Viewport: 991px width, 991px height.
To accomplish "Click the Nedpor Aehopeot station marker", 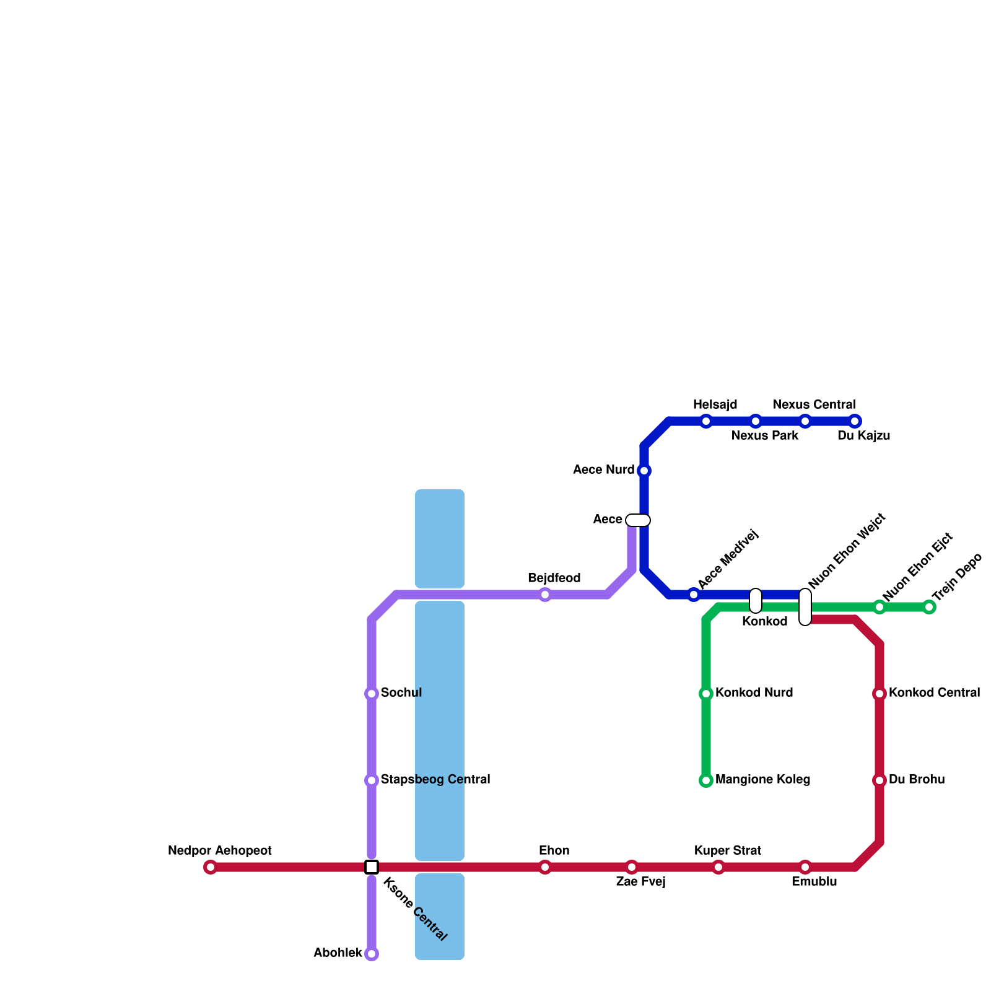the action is tap(211, 867).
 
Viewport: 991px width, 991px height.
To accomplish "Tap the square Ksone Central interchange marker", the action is tap(372, 867).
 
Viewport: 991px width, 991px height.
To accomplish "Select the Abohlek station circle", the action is tap(372, 954).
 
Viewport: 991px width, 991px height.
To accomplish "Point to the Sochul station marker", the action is tap(372, 694).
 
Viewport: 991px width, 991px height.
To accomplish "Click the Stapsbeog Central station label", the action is tap(435, 780).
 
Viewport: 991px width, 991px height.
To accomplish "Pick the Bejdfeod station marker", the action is tap(545, 595).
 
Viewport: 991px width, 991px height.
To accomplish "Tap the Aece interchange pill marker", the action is tap(638, 520).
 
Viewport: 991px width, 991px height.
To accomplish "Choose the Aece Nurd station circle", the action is tap(644, 471).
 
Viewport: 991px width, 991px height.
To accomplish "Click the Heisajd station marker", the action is tap(706, 421).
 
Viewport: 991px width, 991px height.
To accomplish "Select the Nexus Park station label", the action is tap(765, 436).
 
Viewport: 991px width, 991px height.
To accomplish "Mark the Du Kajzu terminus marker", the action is tap(855, 421).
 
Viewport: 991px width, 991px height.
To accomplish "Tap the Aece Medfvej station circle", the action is tap(694, 595).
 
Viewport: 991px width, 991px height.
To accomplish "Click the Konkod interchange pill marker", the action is tap(756, 601).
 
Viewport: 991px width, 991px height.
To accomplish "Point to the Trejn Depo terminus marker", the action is tap(929, 607).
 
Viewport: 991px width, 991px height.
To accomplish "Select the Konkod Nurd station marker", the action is tap(706, 694).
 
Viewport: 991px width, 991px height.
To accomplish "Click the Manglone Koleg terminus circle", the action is tap(706, 780).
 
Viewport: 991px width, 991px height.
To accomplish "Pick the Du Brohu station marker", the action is tap(880, 780).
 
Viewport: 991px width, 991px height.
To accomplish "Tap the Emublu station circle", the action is tap(805, 867).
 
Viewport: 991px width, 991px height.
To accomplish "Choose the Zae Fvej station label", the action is tap(640, 882).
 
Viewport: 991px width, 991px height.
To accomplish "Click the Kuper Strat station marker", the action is tap(718, 867).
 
